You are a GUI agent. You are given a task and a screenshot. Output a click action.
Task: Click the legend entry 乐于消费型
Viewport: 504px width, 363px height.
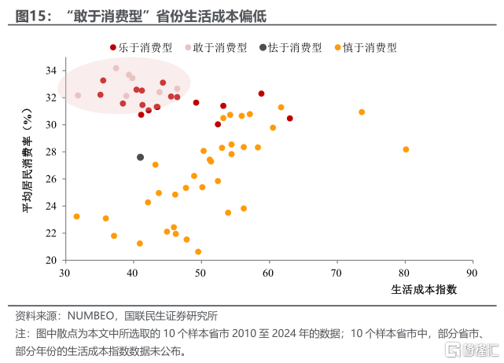[x=147, y=48]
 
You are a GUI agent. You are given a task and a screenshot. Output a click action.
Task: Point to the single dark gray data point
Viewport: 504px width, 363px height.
[x=141, y=157]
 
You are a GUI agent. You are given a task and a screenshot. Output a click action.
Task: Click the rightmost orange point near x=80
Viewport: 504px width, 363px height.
[x=406, y=149]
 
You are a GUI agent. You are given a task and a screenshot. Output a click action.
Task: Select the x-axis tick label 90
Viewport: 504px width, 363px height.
[x=473, y=273]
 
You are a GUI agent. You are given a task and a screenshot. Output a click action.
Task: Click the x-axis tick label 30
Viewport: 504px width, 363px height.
[x=65, y=273]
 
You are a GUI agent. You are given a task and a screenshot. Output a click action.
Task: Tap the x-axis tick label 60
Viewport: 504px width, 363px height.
[x=269, y=273]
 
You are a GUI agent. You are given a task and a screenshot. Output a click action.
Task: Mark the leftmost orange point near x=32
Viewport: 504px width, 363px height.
[x=76, y=216]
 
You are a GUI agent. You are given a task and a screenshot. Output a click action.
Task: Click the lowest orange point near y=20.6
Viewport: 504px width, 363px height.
[x=198, y=252]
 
